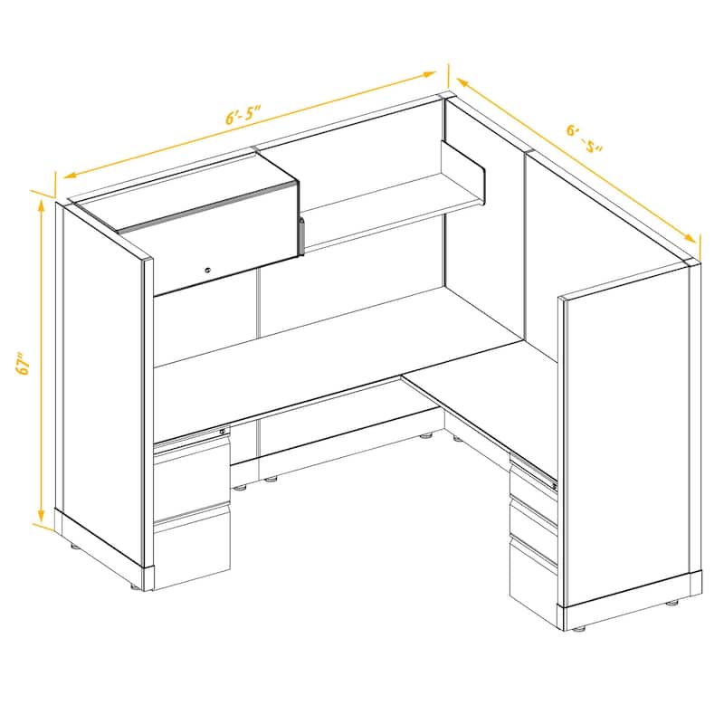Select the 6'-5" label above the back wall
[x=243, y=116]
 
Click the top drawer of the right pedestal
[x=532, y=479]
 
